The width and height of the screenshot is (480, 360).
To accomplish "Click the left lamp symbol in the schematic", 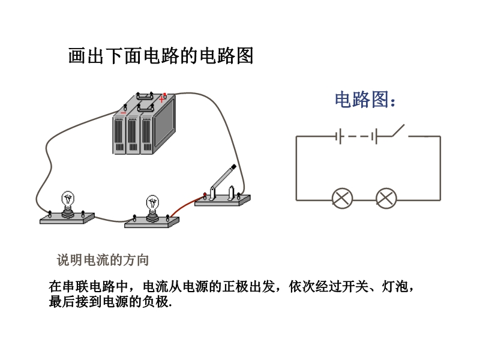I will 343,198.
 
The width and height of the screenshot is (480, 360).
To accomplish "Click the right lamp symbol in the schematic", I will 386,198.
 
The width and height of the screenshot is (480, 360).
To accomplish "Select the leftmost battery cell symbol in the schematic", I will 338,136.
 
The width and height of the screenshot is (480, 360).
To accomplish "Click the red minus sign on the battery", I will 123,112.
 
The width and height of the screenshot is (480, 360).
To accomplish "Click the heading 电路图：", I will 365,100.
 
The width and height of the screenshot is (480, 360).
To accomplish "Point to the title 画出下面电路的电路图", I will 161,56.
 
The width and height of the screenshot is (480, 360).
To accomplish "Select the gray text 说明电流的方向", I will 103,260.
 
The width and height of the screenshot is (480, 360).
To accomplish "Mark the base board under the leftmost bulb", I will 67,218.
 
